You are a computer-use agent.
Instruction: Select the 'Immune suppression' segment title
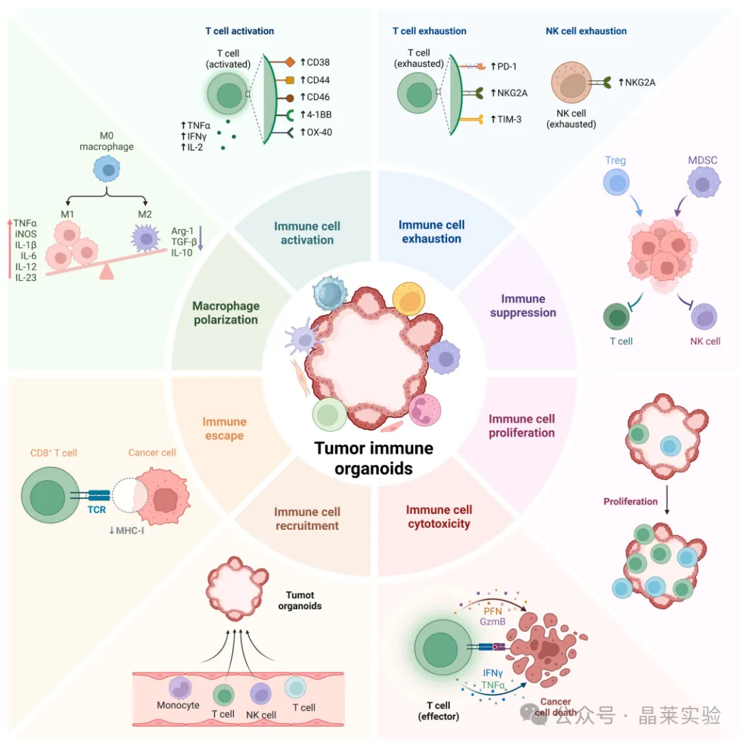[x=523, y=306]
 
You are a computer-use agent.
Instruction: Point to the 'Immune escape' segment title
[x=224, y=428]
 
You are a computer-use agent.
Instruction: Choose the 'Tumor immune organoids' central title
[x=374, y=458]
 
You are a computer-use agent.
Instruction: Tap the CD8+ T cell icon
[x=49, y=497]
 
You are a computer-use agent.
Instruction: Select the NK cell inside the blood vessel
[x=261, y=693]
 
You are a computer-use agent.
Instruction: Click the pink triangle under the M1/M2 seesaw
[x=106, y=272]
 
